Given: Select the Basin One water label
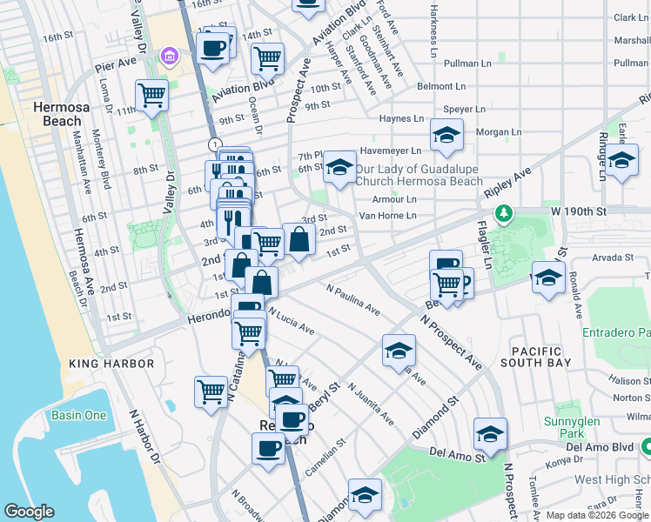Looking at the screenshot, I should pos(78,415).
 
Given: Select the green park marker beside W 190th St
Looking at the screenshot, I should pos(502,213).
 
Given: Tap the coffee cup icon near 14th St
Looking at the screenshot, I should pos(213,47).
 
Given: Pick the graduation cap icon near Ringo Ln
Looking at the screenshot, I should pos(621,160).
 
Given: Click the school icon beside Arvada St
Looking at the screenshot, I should pos(548,278).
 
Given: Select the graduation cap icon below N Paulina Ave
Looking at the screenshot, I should pos(399,350).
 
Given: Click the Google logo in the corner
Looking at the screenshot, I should pos(29,512).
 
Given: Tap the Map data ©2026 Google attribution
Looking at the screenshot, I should pos(597,515).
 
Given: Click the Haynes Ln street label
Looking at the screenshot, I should pos(401,118).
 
